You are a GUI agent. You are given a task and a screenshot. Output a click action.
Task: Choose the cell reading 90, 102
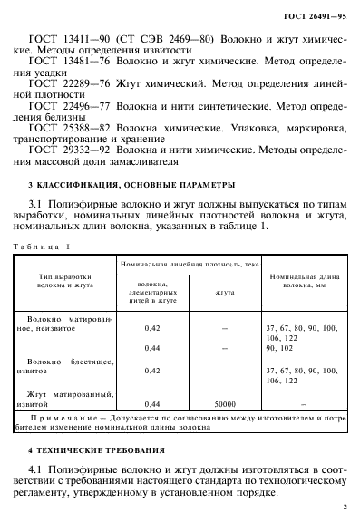pos(280,349)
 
